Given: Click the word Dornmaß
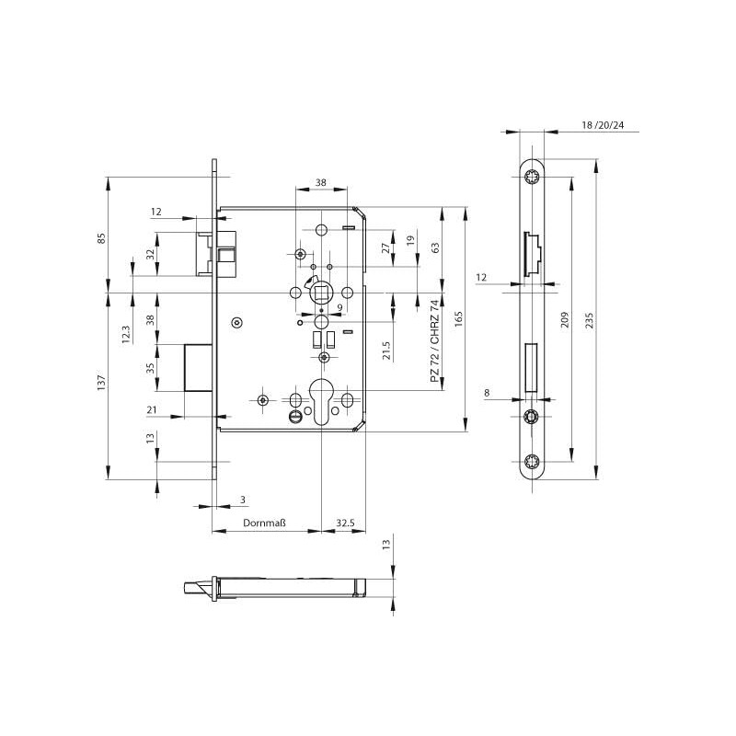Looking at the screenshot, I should pyautogui.click(x=265, y=523).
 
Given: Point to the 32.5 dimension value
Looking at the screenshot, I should pyautogui.click(x=345, y=523).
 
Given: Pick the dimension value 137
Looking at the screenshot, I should pyautogui.click(x=102, y=380).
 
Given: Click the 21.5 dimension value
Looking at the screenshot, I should pyautogui.click(x=386, y=351).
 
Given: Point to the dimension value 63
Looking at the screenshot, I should pyautogui.click(x=435, y=247).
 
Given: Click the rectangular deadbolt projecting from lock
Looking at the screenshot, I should pyautogui.click(x=200, y=368).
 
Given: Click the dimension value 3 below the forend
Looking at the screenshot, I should pyautogui.click(x=242, y=500).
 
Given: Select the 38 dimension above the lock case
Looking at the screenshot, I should pyautogui.click(x=320, y=183).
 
